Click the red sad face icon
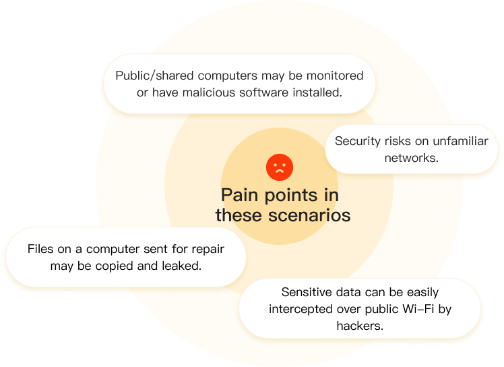pyautogui.click(x=279, y=167)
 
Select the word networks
pyautogui.click(x=411, y=158)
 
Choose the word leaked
pyautogui.click(x=182, y=266)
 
